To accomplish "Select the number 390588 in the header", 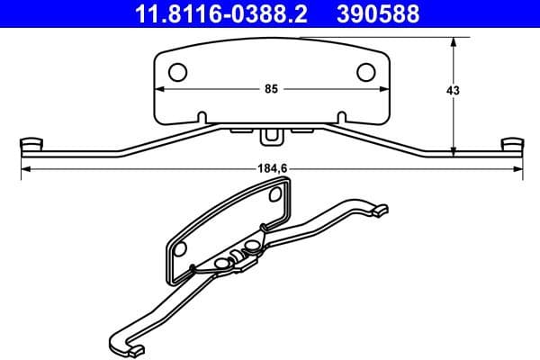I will (x=376, y=14).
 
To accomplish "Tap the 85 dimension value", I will (x=270, y=89).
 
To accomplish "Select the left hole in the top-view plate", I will (x=178, y=72).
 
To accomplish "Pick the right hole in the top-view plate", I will (x=366, y=72).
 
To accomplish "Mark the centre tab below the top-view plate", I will (x=270, y=136).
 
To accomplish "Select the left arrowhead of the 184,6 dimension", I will (x=24, y=168).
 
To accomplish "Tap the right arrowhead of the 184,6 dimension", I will (x=517, y=168).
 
